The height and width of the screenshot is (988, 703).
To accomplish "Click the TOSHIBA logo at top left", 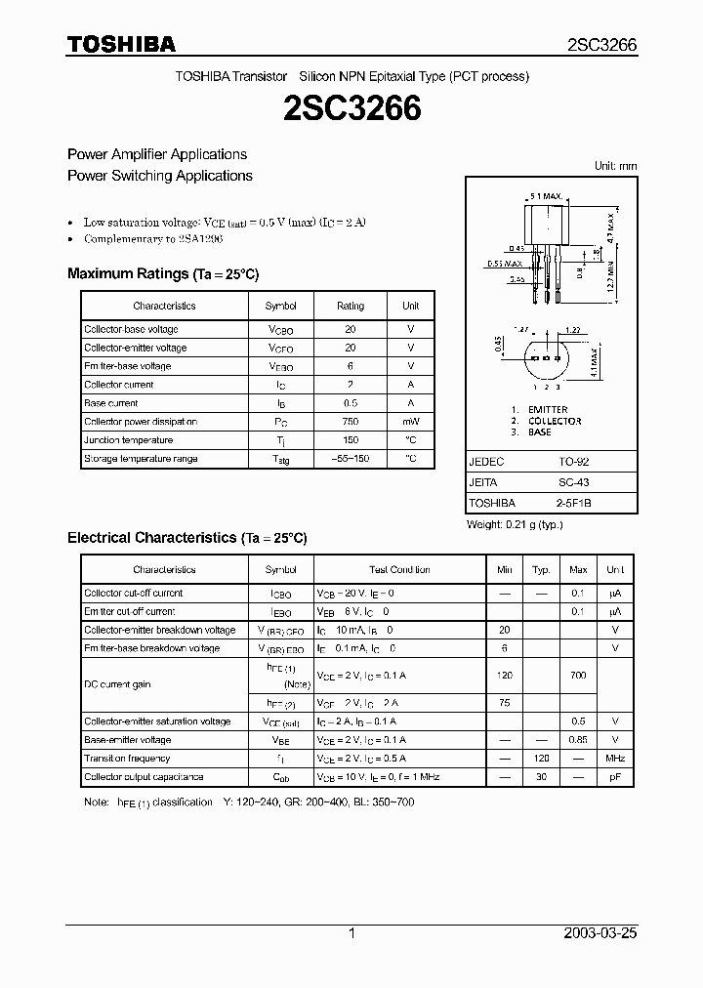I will click(x=122, y=44).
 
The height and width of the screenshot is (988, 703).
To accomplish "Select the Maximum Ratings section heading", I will click(x=163, y=274).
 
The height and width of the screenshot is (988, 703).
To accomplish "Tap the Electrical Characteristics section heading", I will click(x=186, y=538).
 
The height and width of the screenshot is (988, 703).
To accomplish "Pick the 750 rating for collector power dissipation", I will click(x=350, y=422).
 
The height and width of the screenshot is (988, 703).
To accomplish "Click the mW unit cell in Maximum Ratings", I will click(x=411, y=422).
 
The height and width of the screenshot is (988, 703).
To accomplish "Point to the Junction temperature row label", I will click(x=129, y=440).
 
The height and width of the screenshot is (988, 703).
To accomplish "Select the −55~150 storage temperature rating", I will click(x=350, y=459).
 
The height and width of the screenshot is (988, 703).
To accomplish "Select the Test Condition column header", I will click(x=399, y=570).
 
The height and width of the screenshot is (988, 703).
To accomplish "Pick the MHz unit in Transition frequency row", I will click(x=615, y=759).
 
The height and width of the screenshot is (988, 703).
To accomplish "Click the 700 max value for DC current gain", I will click(x=578, y=676).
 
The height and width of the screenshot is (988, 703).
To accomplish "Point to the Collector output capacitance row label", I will click(x=144, y=777).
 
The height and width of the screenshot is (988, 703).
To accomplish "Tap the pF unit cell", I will click(x=615, y=777).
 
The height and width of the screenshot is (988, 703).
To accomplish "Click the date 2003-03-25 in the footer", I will click(x=600, y=933).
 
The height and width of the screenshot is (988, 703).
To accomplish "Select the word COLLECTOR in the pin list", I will click(x=555, y=421).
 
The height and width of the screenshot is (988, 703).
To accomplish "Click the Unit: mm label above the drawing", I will click(x=615, y=166).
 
